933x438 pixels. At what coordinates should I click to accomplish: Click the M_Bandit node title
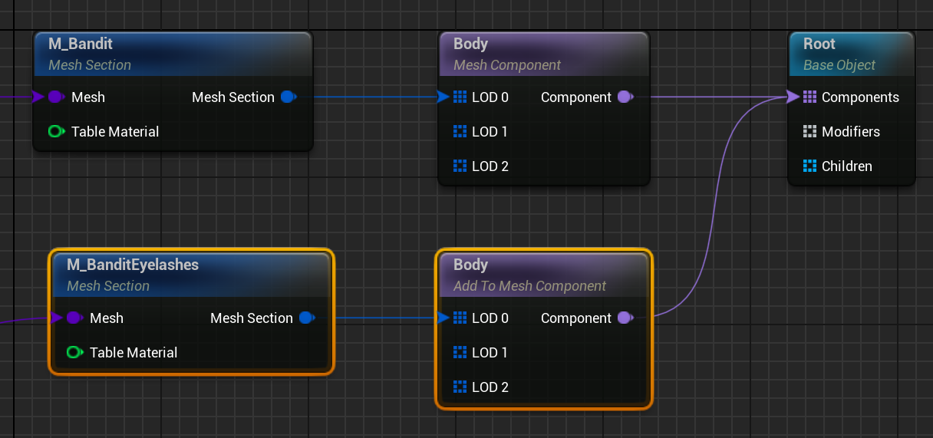[x=81, y=44]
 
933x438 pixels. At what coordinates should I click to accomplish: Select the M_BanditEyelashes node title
[x=133, y=265]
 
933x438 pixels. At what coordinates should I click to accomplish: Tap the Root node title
[x=819, y=44]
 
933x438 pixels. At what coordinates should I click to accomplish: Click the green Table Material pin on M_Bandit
[x=56, y=132]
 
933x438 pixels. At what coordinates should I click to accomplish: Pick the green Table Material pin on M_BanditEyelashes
[x=74, y=353]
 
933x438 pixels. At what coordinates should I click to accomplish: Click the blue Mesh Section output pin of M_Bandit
[x=288, y=97]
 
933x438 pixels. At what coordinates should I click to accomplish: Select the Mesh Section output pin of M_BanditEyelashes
[x=307, y=318]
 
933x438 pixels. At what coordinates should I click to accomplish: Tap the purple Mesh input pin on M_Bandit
[x=56, y=97]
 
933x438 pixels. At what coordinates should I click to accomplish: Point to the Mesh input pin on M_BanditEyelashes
[x=74, y=318]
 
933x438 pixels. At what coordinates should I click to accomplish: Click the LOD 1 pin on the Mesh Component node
[x=460, y=132]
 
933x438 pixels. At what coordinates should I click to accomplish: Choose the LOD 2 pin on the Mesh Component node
[x=460, y=166]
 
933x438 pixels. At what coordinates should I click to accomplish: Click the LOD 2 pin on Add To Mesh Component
[x=460, y=387]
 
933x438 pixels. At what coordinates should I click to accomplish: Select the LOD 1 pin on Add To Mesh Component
[x=460, y=353]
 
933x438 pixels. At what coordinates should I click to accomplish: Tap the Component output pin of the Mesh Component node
[x=625, y=97]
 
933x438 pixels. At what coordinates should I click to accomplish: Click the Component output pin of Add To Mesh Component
[x=625, y=318]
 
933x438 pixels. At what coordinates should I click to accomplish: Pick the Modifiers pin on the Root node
[x=809, y=132]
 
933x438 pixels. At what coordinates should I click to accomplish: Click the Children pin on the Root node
[x=809, y=166]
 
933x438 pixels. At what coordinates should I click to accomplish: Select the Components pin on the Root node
[x=809, y=97]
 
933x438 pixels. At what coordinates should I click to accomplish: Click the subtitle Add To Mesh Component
[x=529, y=286]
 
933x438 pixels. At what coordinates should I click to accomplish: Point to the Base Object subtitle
[x=839, y=65]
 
